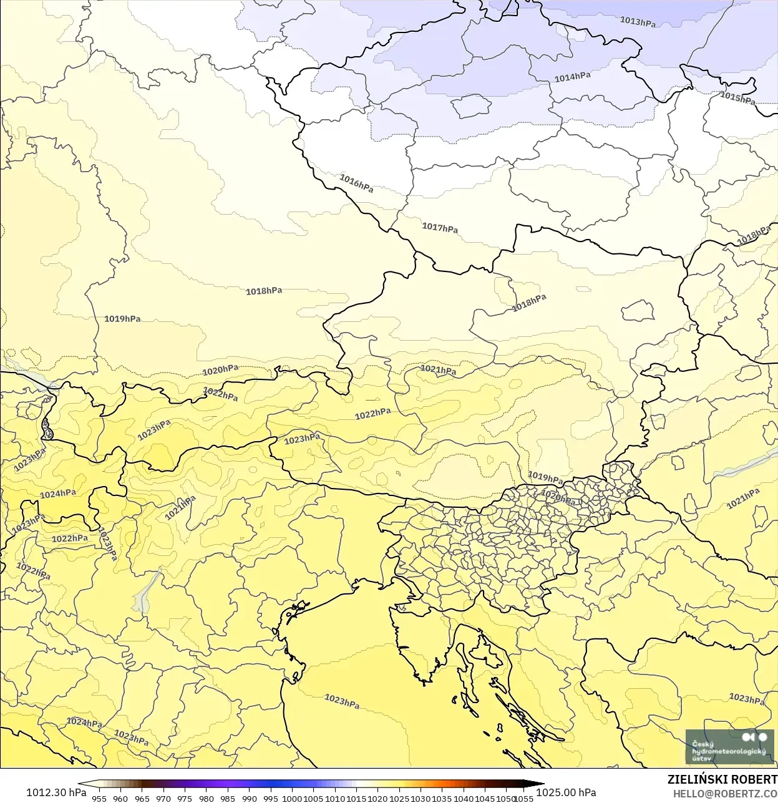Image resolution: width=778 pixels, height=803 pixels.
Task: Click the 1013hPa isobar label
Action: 638,22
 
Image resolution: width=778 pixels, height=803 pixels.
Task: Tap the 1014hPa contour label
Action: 572,77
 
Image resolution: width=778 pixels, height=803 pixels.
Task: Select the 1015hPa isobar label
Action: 737,98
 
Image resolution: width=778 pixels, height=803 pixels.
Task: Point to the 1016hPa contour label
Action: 356,183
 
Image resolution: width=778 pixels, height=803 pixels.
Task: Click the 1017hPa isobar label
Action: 440,228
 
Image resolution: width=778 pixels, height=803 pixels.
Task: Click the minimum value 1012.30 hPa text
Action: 56,792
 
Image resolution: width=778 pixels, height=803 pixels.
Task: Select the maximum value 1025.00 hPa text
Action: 566,792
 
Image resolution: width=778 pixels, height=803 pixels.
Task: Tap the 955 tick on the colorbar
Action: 99,798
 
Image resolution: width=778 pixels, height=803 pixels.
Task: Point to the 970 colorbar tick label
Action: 163,798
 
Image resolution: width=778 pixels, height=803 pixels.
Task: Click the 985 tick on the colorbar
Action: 228,798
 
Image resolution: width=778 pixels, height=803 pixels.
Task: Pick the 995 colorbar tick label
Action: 271,798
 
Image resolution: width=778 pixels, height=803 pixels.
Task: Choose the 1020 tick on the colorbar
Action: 378,798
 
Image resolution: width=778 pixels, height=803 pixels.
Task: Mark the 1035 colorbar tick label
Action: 442,798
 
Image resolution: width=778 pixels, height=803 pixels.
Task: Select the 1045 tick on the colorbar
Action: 485,798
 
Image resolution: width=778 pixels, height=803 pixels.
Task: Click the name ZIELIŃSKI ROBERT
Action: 722,779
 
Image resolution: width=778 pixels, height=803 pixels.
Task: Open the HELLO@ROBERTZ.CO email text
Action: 725,793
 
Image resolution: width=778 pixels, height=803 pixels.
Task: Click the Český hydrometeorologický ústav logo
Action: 729,747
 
